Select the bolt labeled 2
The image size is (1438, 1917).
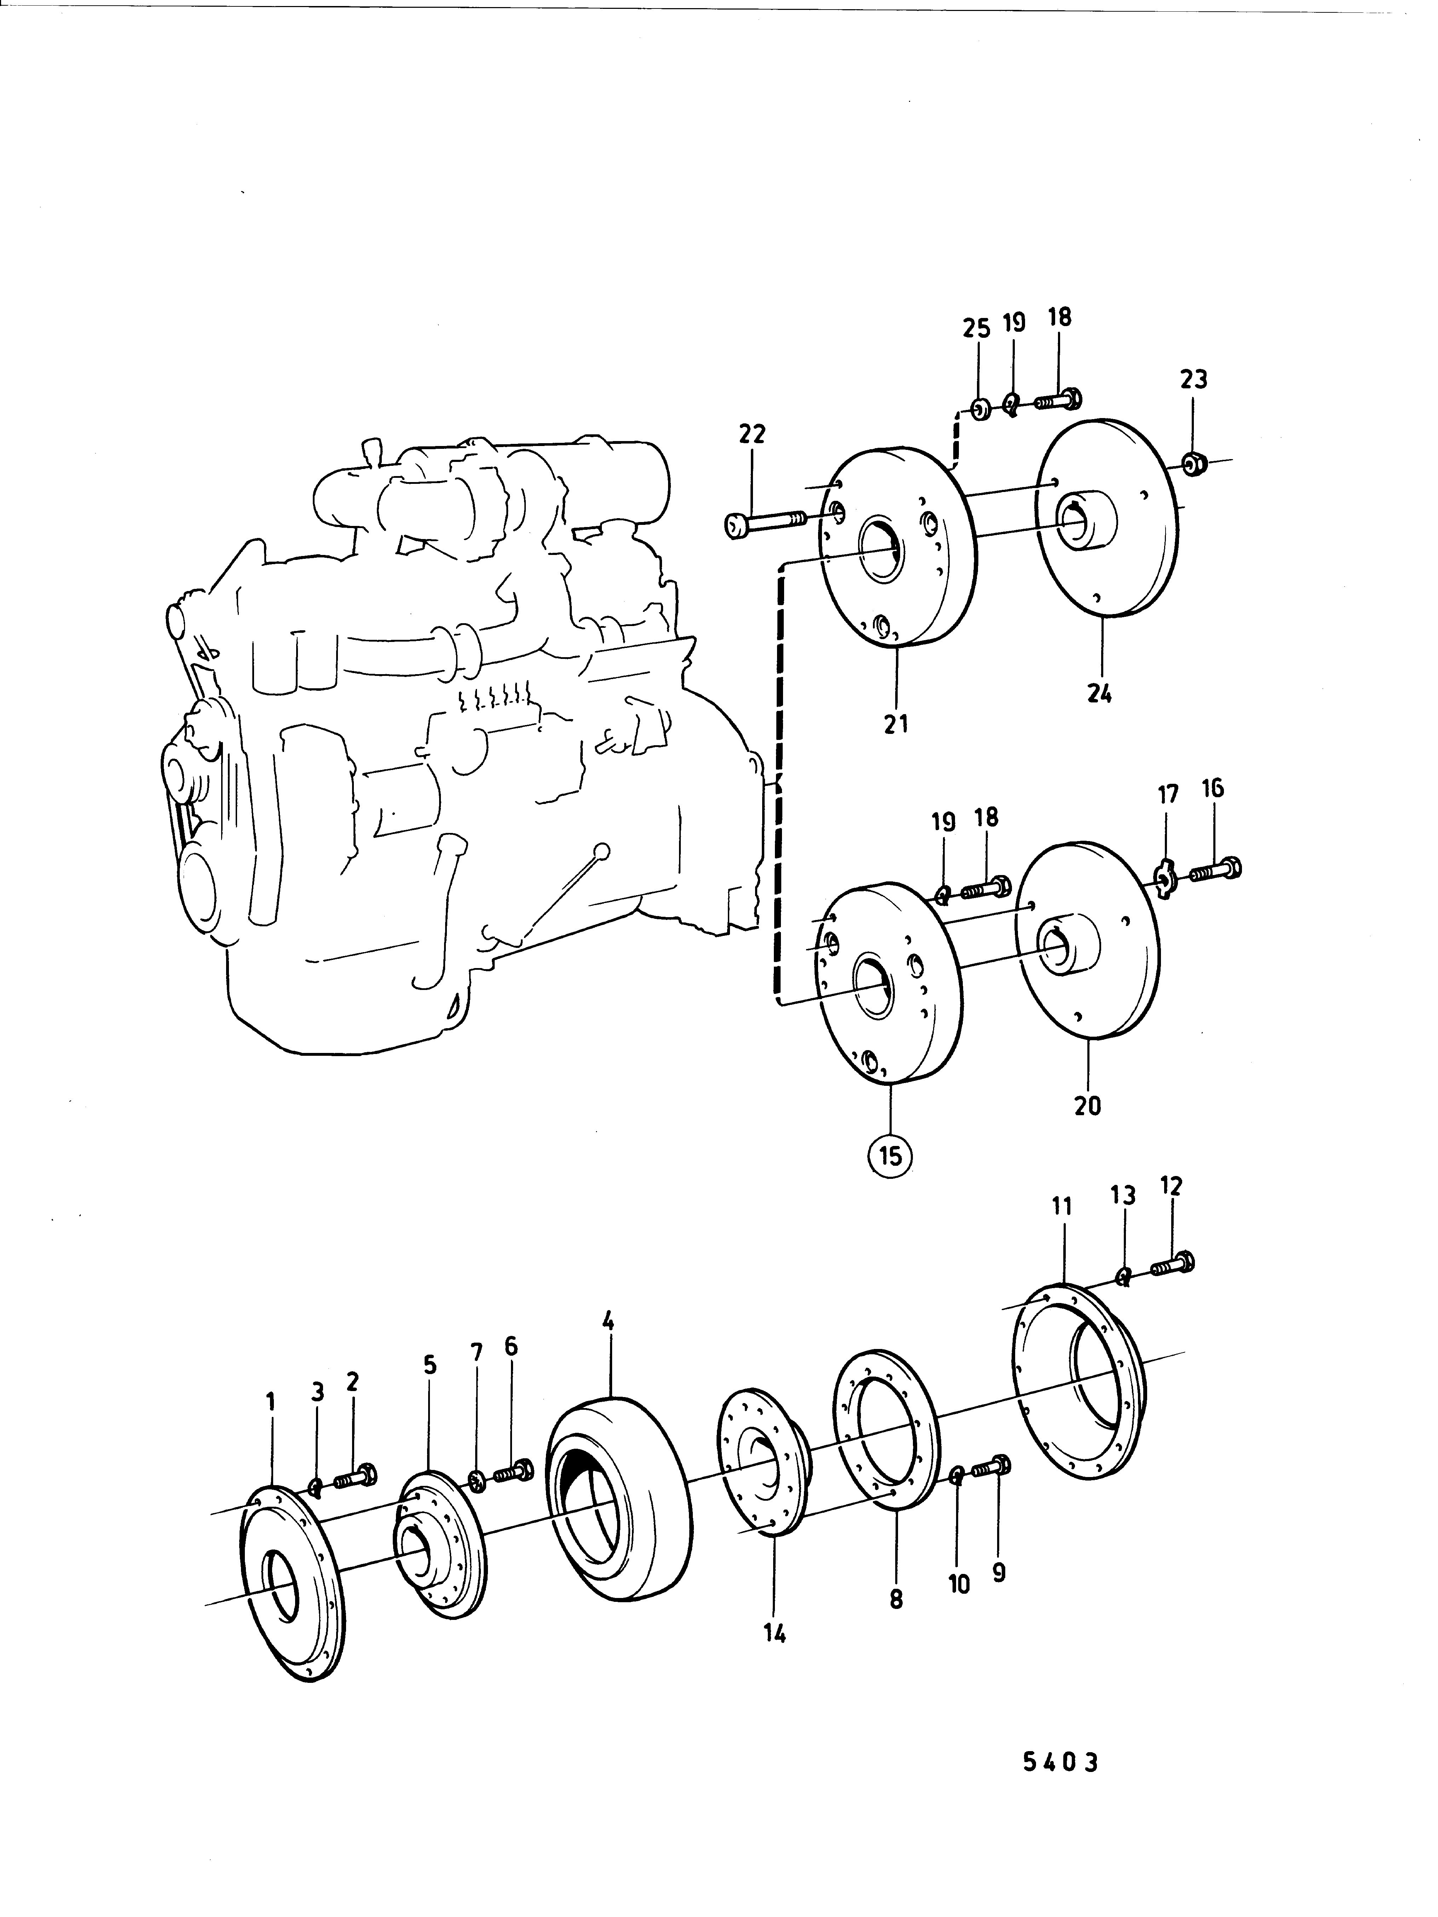[353, 1474]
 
